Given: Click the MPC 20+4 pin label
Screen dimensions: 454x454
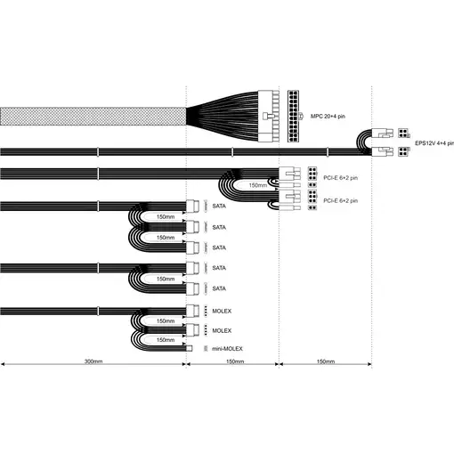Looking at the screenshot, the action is click(328, 117).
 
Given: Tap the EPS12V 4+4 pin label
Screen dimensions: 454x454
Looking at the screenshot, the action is click(434, 143).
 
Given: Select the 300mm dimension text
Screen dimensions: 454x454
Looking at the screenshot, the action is click(93, 361).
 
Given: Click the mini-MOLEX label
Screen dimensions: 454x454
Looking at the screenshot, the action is click(227, 349).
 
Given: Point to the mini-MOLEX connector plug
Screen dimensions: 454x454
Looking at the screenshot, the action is click(189, 348).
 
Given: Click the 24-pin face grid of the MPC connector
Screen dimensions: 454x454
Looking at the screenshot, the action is click(293, 116).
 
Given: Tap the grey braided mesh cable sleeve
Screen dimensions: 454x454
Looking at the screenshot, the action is click(93, 117).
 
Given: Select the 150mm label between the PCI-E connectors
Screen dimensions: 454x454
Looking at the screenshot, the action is click(258, 185).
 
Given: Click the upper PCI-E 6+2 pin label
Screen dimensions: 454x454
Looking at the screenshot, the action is click(340, 178).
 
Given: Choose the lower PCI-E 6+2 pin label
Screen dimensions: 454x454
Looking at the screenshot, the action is click(340, 200).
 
